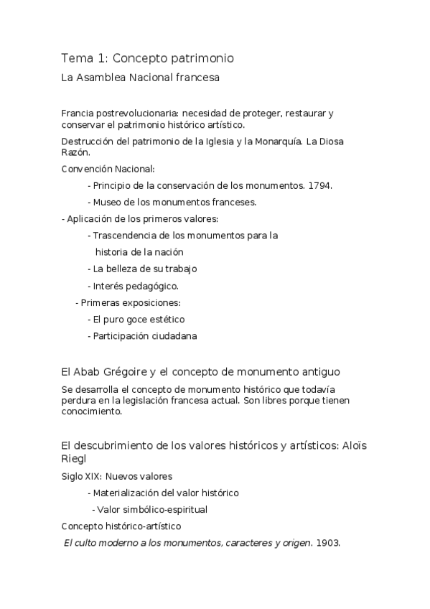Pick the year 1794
pos(320,185)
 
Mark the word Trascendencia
pos(128,235)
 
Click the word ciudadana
pos(173,335)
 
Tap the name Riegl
pos(76,457)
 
